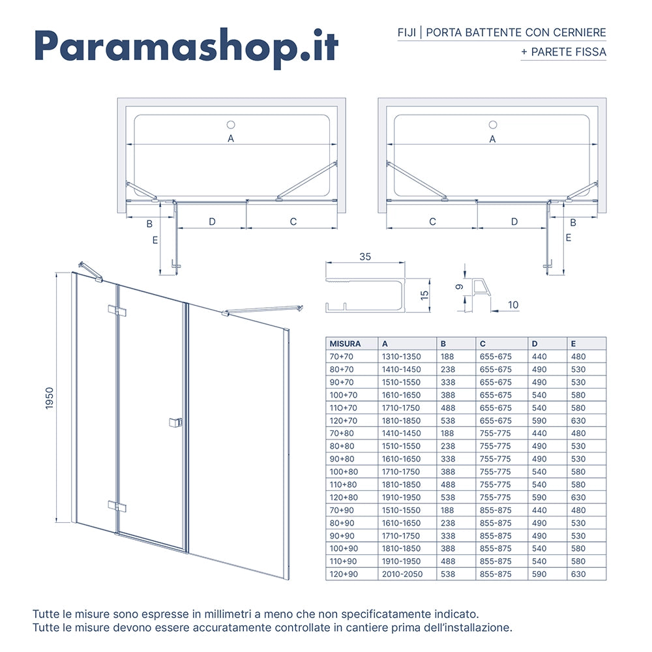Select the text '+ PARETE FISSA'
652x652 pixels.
tap(564, 52)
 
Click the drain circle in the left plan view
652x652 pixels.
tap(230, 124)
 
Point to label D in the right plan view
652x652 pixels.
tap(514, 222)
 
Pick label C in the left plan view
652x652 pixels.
tap(293, 222)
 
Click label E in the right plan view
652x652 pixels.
tap(568, 238)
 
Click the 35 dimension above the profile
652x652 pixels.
tap(364, 257)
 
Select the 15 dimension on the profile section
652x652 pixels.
tap(424, 295)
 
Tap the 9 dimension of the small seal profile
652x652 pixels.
tap(459, 287)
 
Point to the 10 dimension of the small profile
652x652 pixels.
tap(512, 304)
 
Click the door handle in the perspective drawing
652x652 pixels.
tap(175, 422)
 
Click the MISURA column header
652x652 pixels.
tap(345, 344)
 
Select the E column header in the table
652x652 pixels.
tap(574, 344)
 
